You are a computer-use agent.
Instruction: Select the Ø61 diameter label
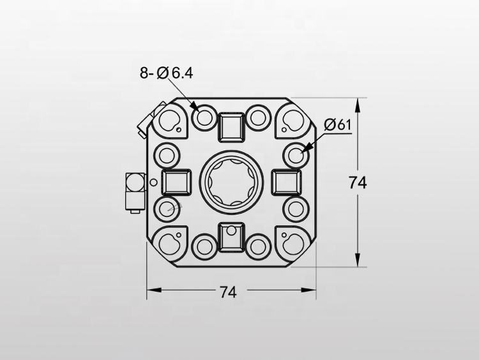pyautogui.click(x=338, y=125)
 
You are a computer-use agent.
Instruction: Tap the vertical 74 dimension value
pyautogui.click(x=358, y=183)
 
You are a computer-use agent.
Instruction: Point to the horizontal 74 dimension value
pyautogui.click(x=228, y=292)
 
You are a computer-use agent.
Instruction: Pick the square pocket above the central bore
pyautogui.click(x=231, y=126)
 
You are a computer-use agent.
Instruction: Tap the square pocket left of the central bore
pyautogui.click(x=176, y=183)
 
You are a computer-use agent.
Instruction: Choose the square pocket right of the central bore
pyautogui.click(x=285, y=183)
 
